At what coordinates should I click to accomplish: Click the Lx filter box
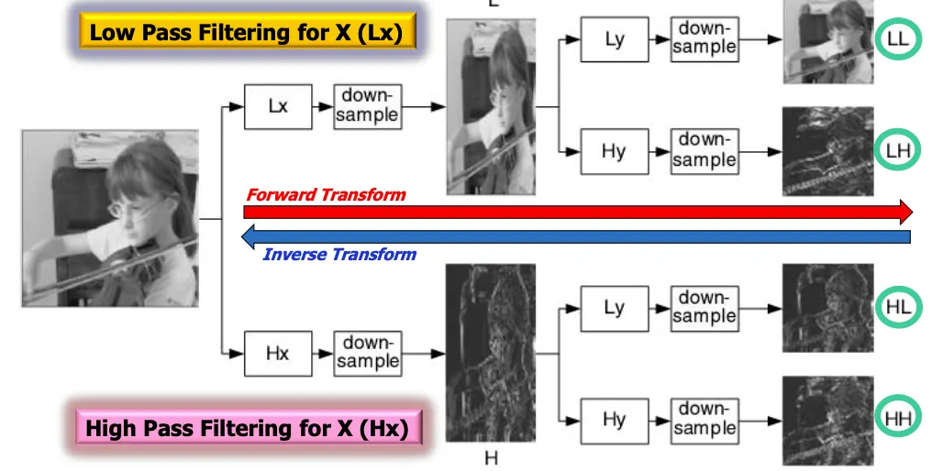tap(278, 106)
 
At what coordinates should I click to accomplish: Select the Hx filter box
tap(278, 353)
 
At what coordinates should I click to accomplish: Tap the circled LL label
tap(898, 39)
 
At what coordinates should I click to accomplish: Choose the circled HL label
tap(898, 306)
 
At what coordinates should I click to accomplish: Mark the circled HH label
tap(898, 419)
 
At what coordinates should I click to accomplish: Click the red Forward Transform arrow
tap(578, 213)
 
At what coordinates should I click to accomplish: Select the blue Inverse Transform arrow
tap(578, 237)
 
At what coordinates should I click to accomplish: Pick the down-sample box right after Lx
tap(367, 106)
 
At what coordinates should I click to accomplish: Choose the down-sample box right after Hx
tap(367, 353)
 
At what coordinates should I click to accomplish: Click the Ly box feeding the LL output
tap(614, 40)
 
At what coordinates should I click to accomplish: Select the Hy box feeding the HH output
tap(614, 420)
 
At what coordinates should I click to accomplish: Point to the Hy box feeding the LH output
tap(614, 151)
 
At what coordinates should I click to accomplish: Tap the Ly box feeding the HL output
tap(614, 308)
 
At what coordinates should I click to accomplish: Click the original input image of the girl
tap(110, 218)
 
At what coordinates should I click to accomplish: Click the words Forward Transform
tap(326, 194)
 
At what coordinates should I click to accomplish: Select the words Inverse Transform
tap(339, 255)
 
